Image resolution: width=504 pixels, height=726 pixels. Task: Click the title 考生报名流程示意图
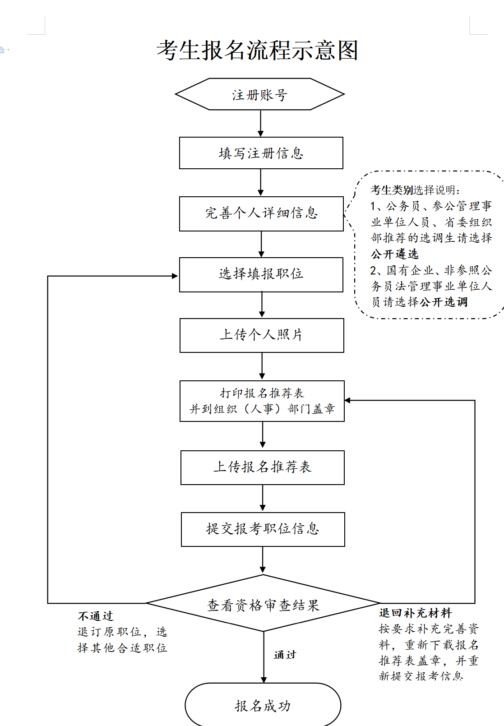click(x=257, y=50)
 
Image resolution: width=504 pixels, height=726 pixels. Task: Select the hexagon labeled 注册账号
click(x=260, y=94)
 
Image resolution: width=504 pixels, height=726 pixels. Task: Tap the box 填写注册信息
click(x=261, y=153)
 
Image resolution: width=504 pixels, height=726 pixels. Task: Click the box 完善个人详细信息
click(x=261, y=213)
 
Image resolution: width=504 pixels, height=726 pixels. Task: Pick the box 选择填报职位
click(x=261, y=274)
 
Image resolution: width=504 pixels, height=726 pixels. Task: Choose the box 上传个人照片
click(x=262, y=335)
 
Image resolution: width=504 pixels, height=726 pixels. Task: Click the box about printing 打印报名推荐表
click(x=262, y=401)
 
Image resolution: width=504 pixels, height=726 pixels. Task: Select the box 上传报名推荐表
click(x=262, y=467)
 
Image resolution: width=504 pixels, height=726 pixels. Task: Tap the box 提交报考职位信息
click(x=263, y=529)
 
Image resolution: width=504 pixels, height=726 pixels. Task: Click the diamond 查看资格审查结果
click(x=263, y=604)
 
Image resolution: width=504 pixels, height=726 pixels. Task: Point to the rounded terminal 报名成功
click(x=263, y=705)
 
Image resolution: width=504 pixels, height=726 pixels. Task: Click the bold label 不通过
click(x=95, y=616)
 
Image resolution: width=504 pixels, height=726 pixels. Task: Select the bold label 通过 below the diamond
click(x=285, y=655)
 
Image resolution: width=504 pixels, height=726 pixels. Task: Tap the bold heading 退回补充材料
click(x=415, y=613)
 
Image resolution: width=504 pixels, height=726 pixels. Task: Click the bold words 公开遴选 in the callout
click(x=395, y=254)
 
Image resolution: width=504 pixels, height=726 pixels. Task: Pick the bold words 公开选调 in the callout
click(x=444, y=302)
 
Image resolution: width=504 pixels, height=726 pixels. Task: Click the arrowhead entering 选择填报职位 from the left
click(x=175, y=276)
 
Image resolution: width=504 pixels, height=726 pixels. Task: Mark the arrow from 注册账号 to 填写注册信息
click(x=260, y=123)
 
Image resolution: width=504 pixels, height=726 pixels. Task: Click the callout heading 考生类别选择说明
click(x=415, y=190)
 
